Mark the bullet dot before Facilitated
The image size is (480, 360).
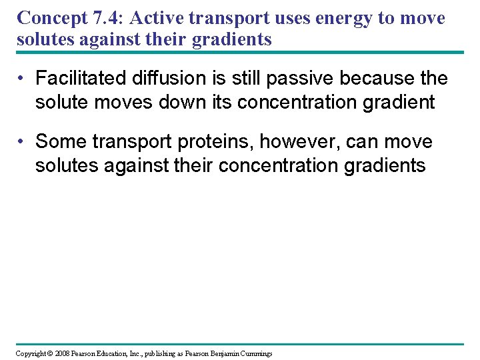tap(22, 79)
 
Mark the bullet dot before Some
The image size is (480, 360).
tap(22, 142)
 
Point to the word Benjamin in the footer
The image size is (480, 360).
tap(229, 353)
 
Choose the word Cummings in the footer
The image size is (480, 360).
tap(258, 353)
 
